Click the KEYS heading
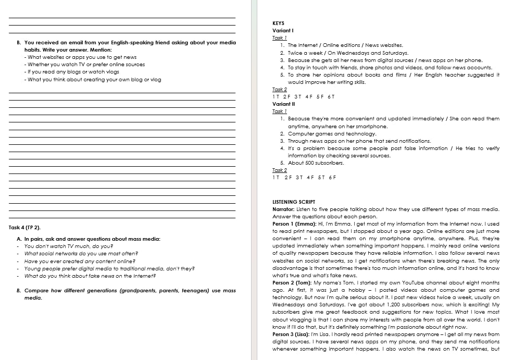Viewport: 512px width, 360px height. pos(279,23)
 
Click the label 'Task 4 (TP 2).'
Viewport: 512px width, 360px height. pos(25,228)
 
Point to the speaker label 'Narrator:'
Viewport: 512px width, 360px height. pos(285,209)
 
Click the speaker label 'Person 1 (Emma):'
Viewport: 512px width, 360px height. pos(292,224)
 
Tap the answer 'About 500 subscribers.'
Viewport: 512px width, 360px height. pos(316,163)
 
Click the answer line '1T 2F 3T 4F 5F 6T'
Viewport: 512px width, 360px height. pos(304,97)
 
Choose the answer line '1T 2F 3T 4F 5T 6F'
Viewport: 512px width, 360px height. pos(304,178)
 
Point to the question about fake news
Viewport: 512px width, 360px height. pos(90,276)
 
